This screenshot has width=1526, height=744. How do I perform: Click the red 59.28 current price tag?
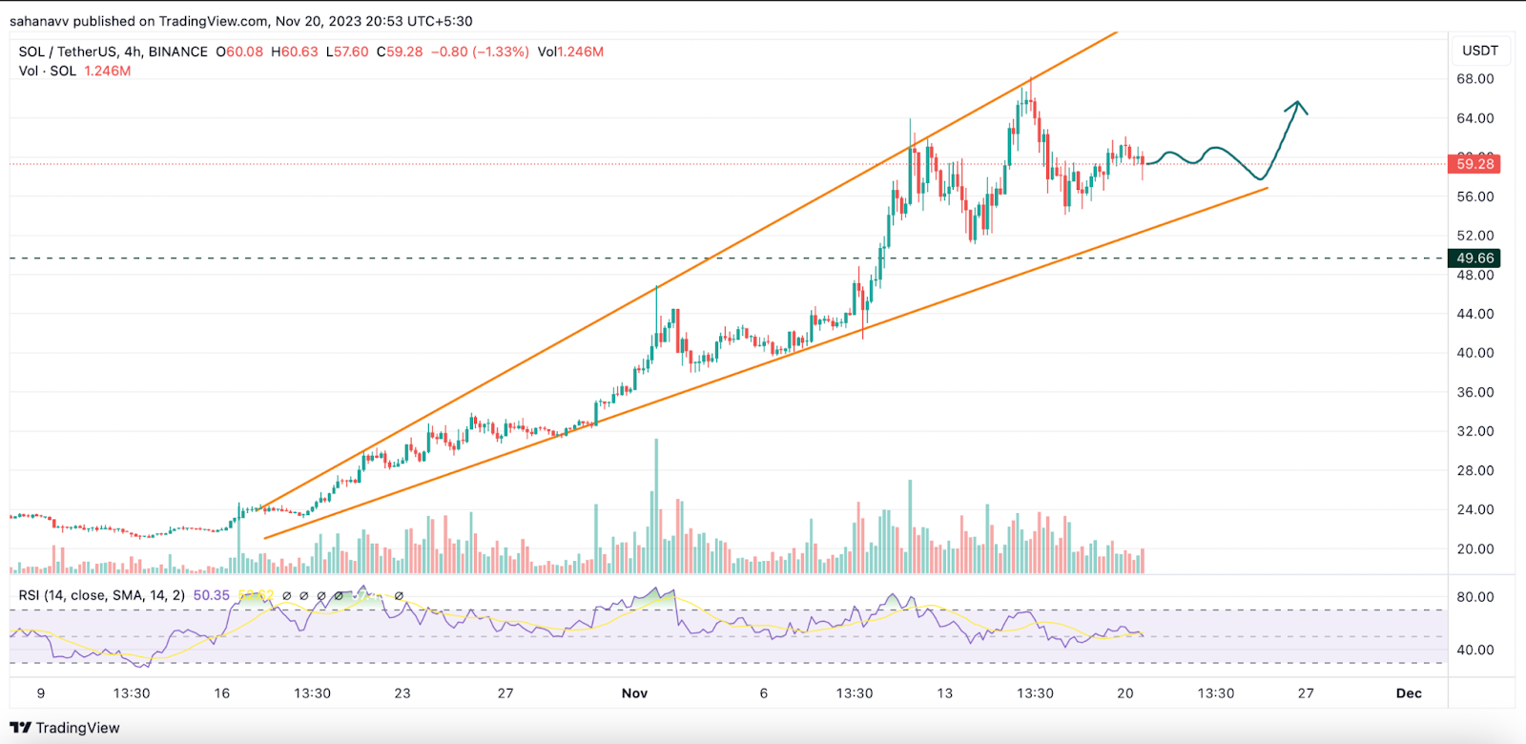1474,164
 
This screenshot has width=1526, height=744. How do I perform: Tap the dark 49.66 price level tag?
1474,258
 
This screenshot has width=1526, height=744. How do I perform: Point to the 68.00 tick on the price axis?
1474,79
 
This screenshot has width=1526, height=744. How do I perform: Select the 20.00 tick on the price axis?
1474,549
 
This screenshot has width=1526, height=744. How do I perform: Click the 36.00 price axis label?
1474,392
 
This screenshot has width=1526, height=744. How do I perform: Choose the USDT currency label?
1480,51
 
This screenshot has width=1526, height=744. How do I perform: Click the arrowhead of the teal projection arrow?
1297,104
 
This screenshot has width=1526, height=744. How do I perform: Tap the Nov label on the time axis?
634,693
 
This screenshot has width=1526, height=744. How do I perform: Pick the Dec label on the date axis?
1409,693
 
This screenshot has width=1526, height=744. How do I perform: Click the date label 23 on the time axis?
402,693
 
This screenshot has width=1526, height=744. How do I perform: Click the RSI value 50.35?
212,595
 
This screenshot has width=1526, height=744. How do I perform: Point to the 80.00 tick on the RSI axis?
1474,597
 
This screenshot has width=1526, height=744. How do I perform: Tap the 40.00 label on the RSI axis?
1474,651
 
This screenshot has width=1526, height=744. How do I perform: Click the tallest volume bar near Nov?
656,506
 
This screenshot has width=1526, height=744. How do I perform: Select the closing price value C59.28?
400,52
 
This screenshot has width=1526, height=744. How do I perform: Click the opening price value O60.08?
239,52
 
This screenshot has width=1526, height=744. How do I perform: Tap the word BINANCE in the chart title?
178,52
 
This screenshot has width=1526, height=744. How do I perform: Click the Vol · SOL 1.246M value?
107,71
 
